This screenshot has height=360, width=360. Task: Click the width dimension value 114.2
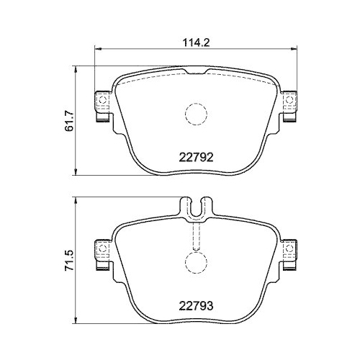197,42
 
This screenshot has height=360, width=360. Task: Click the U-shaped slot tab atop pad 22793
195,207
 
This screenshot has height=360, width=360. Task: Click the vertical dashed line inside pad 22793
195,234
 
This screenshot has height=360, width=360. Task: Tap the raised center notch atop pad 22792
195,71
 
